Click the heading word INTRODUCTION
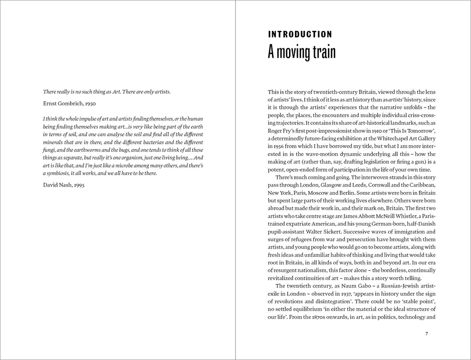point(300,34)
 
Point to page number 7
point(427,334)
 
